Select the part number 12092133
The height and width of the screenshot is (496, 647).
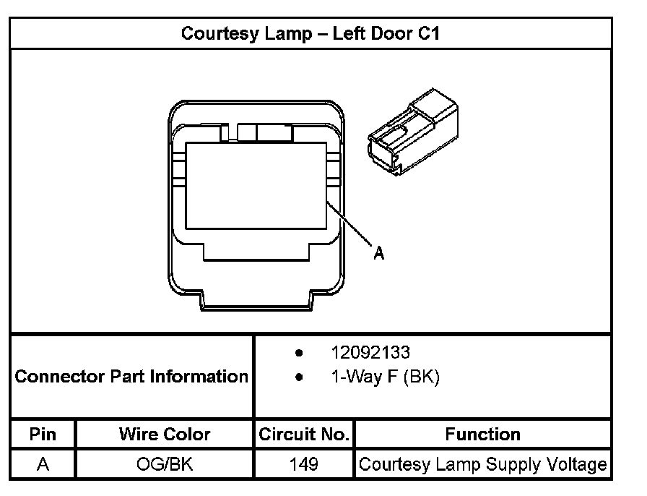pyautogui.click(x=370, y=353)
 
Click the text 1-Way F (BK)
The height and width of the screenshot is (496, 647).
pyautogui.click(x=385, y=377)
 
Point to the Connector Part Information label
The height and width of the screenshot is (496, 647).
pyautogui.click(x=131, y=377)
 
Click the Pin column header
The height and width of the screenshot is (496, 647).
pyautogui.click(x=43, y=435)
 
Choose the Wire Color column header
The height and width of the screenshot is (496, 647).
pyautogui.click(x=165, y=435)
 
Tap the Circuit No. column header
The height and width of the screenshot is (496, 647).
pyautogui.click(x=304, y=435)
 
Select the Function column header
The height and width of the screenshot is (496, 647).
pyautogui.click(x=482, y=435)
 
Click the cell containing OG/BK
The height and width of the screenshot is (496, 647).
pyautogui.click(x=165, y=463)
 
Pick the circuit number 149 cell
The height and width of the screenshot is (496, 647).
pyautogui.click(x=304, y=463)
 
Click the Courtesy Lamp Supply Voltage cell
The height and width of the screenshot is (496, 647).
pyautogui.click(x=482, y=463)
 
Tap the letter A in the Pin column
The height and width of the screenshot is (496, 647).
pyautogui.click(x=43, y=463)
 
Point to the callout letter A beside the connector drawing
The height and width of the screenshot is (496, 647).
pyautogui.click(x=378, y=253)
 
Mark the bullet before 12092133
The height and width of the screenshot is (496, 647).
pyautogui.click(x=299, y=353)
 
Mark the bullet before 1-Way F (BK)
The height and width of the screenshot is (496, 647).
pyautogui.click(x=299, y=377)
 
